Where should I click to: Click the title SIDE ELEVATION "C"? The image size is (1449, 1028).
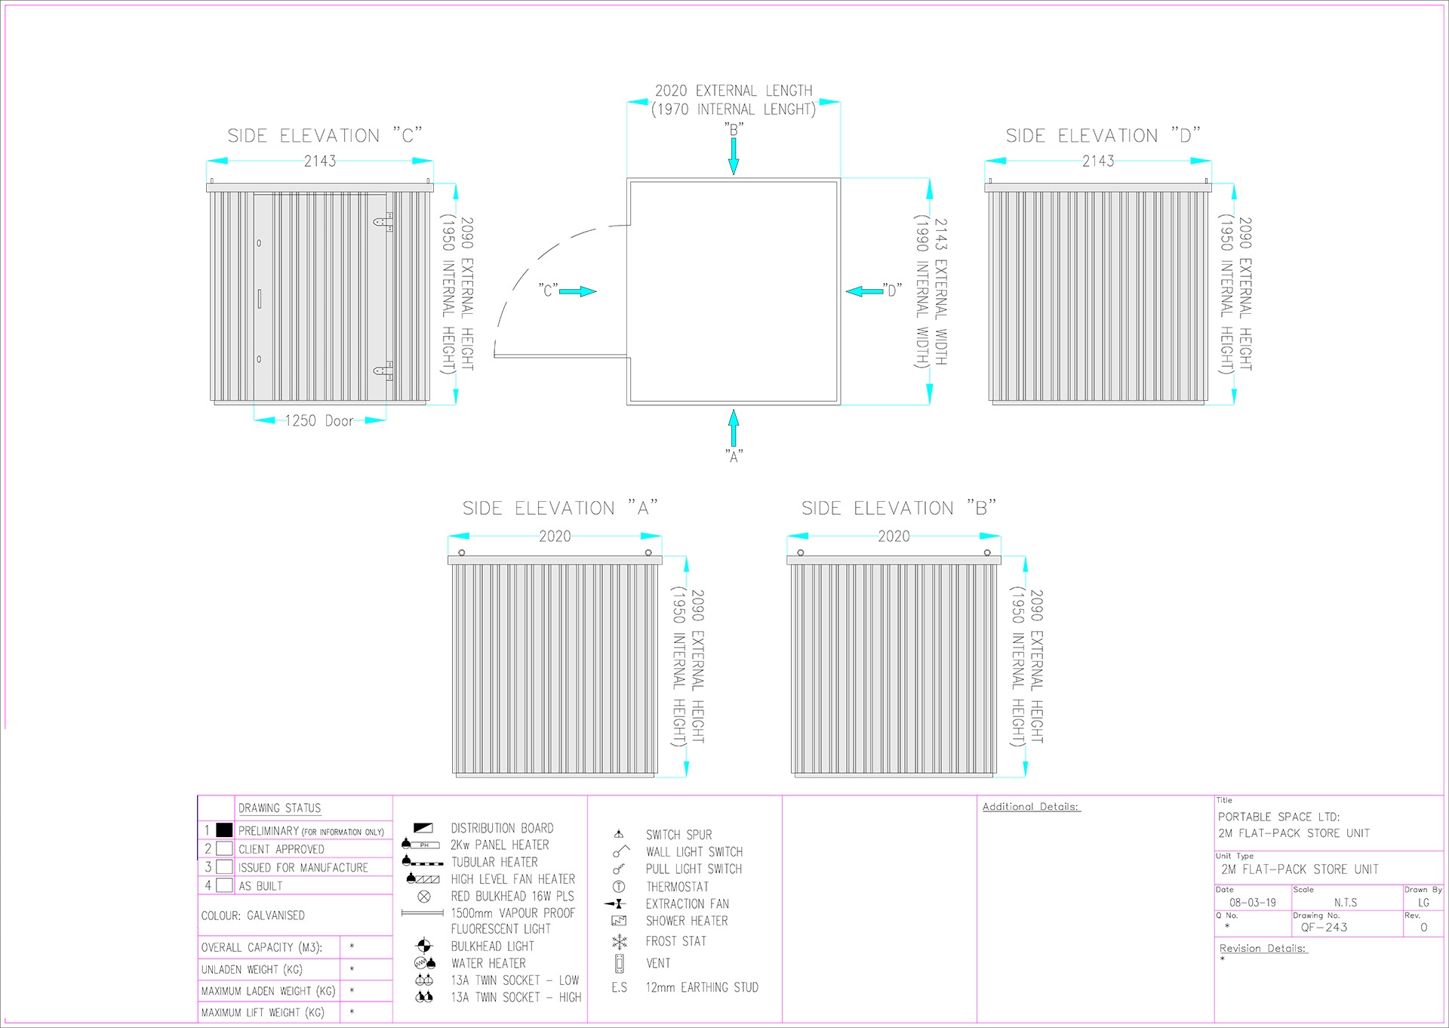325,136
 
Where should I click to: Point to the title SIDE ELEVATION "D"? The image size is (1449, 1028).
1103,136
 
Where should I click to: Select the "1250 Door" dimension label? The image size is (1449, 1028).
319,420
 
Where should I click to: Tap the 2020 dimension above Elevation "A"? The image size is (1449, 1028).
555,536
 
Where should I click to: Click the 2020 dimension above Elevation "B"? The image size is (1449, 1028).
894,536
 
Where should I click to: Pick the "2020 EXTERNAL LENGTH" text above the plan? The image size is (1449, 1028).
734,91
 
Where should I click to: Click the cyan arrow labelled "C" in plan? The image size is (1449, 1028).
578,291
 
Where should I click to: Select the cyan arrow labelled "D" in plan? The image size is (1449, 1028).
864,291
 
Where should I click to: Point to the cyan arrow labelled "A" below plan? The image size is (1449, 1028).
734,428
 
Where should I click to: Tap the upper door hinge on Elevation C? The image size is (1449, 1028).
384,222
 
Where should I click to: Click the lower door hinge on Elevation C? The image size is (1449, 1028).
384,370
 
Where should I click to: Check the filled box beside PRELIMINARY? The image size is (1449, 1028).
224,830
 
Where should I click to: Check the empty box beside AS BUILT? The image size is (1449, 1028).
224,885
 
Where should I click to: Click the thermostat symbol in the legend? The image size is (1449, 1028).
619,887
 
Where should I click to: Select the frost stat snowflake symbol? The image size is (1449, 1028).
620,942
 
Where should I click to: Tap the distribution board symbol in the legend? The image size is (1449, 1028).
423,828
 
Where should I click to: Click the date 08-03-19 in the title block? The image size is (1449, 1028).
1253,903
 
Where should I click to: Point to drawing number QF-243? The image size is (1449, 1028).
1324,928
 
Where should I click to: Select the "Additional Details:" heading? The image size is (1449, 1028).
1031,807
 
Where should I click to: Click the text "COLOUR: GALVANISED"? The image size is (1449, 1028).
253,916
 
